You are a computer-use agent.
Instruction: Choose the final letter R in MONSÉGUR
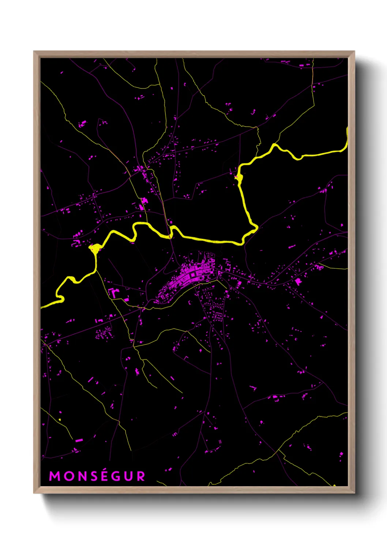tap(141, 476)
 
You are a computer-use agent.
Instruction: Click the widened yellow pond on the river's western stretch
tap(95, 249)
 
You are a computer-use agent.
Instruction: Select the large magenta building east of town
tap(298, 281)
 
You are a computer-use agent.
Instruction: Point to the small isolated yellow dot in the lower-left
tap(60, 419)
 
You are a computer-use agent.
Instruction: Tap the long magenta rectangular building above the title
tap(79, 440)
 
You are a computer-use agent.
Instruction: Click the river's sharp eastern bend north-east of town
tap(255, 228)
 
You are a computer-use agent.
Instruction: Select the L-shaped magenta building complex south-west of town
tap(114, 293)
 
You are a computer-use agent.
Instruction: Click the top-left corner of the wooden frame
tap(34, 52)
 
